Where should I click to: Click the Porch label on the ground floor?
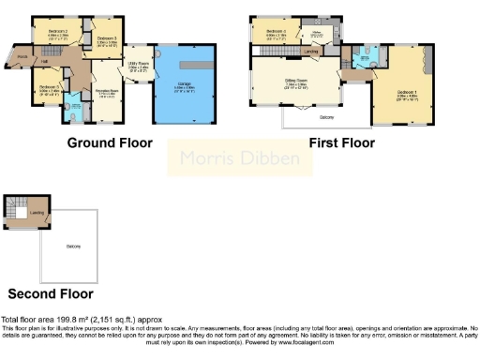[x=22, y=55]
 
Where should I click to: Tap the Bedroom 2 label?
[x=57, y=31]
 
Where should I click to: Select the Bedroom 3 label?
[x=105, y=38]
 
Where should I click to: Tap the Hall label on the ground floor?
[x=44, y=63]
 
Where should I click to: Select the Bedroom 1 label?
[x=407, y=93]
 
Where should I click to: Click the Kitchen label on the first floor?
[x=318, y=34]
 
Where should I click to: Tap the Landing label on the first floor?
[x=309, y=51]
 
